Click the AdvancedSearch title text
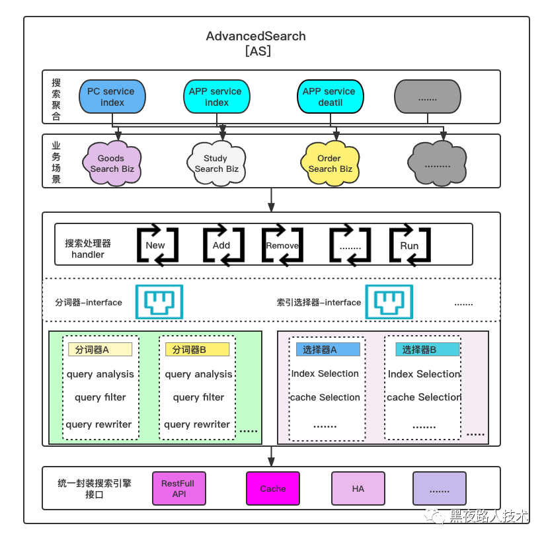pos(256,36)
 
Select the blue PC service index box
pos(112,96)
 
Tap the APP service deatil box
pos(329,96)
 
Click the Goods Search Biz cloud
pos(112,163)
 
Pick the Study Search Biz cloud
pos(216,163)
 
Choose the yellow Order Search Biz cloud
pos(329,163)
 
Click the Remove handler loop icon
pos(282,245)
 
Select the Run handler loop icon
pos(409,245)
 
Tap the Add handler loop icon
pos(221,245)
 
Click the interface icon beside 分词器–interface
pos(159,302)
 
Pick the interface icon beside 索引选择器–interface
pos(390,302)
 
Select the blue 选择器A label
pos(329,350)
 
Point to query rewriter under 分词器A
pos(99,424)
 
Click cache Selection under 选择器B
pos(424,397)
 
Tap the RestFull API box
pos(178,488)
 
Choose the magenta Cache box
pos(272,488)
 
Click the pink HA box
pos(358,488)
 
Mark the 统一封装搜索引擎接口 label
pos(95,488)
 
